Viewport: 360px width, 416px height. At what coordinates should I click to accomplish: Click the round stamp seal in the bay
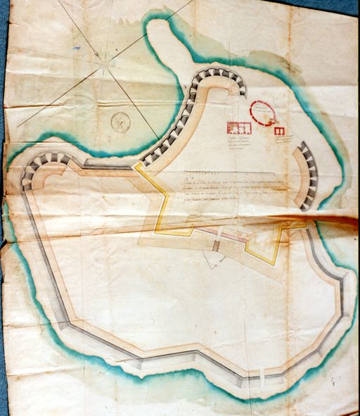121,122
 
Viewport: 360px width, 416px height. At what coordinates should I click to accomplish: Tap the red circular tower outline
264,113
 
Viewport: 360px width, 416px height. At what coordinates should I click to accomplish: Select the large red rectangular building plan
239,129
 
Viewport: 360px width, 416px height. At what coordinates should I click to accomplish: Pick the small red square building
279,131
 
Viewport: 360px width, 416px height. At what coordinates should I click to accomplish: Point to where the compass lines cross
106,66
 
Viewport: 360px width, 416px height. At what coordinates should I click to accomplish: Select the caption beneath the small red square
282,140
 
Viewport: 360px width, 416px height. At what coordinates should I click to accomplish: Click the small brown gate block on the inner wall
217,246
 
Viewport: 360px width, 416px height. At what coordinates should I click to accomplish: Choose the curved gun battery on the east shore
307,176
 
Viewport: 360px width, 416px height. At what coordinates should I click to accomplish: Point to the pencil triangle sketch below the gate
212,260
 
